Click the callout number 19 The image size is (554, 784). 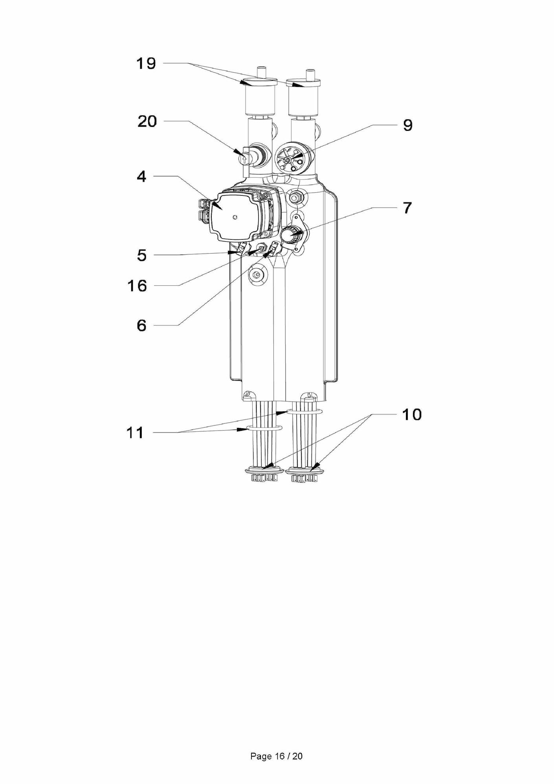tap(146, 63)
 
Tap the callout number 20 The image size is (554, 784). tap(147, 121)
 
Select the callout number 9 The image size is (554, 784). tap(408, 125)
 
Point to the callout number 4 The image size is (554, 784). tap(141, 177)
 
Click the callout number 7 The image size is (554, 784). tap(407, 208)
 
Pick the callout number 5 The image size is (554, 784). tap(142, 256)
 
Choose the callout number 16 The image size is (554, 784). tap(137, 286)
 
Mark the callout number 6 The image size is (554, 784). tap(141, 326)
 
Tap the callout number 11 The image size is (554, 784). tap(135, 433)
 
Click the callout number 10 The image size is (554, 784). tap(411, 414)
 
